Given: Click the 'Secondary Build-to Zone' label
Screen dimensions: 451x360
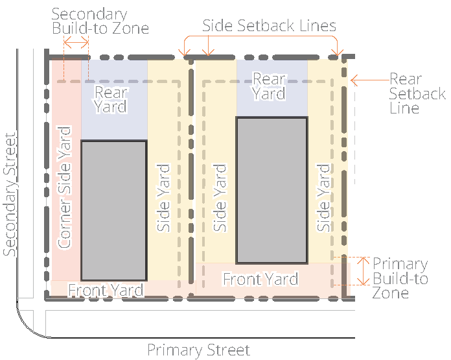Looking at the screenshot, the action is pos(100,21).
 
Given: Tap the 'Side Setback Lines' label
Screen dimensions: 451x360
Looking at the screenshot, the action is pos(269,26).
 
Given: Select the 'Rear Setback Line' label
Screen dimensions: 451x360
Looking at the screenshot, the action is pos(417,93).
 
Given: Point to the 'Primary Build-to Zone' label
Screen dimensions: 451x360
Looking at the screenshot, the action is pos(400,278).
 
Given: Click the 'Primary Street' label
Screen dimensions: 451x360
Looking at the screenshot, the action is pos(198,350).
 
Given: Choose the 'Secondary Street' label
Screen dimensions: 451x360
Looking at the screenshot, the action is pos(10,195).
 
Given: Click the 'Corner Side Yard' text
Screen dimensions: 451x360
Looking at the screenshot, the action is pos(64,187).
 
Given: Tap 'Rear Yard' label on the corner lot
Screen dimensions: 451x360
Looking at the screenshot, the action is pos(110,100).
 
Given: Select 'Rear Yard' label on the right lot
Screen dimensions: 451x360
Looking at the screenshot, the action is pos(269,86).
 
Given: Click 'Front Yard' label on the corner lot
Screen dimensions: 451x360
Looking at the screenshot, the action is pos(106,290).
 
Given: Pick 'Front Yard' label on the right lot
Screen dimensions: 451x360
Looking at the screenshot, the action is pos(260,279).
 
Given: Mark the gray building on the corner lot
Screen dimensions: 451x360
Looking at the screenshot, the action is pos(114,211).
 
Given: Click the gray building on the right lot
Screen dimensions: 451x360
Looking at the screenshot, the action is pos(272,190).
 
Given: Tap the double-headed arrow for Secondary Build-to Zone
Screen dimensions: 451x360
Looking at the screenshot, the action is pos(76,43).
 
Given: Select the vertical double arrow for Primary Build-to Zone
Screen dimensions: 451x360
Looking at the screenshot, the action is pos(364,271).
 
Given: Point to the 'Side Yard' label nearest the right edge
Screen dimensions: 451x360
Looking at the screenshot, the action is pos(323,198).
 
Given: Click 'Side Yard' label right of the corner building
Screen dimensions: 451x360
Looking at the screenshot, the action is pos(163,198).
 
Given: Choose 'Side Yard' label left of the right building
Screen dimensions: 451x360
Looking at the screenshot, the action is pos(220,198).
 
